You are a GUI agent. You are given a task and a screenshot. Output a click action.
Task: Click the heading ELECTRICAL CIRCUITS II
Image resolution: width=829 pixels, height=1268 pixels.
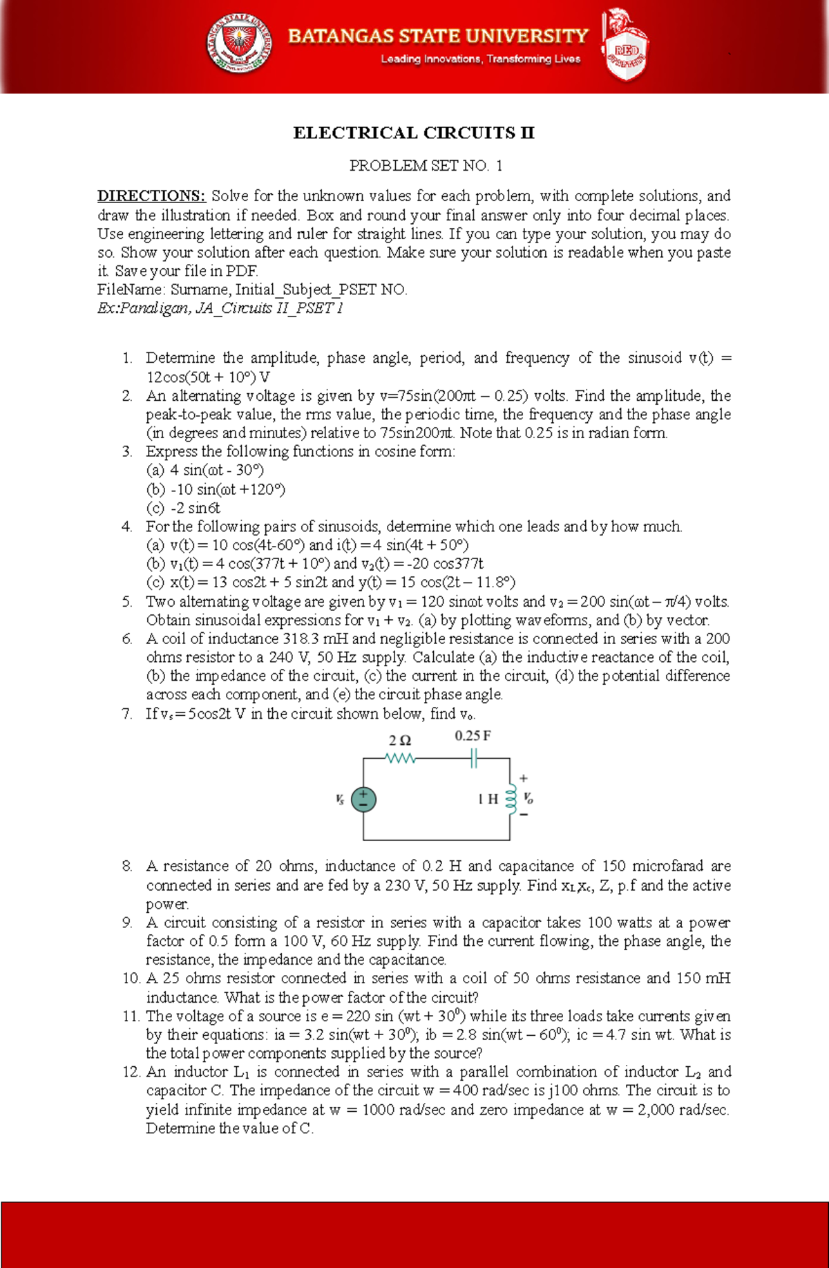pos(414,133)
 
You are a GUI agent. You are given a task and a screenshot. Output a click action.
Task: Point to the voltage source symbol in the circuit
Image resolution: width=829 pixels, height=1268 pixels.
pos(363,799)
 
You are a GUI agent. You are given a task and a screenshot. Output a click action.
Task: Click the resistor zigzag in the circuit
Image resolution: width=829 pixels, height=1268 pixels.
pos(401,759)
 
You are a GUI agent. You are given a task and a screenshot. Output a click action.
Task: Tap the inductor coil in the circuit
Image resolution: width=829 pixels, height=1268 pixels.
pos(511,799)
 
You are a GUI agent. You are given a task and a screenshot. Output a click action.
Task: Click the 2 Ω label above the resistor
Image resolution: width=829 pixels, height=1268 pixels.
pos(400,740)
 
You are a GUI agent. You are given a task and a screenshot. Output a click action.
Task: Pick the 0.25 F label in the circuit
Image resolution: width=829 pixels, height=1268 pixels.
pos(473,736)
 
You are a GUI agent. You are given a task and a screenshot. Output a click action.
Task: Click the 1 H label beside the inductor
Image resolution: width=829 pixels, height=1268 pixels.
pos(488,799)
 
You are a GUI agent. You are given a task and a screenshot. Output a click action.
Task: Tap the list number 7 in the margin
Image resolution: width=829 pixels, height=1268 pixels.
pos(126,714)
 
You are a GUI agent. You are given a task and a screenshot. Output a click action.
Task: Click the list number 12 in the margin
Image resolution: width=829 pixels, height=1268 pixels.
pos(131,1072)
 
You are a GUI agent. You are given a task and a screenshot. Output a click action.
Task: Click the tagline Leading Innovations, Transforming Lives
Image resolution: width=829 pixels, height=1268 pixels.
pos(480,59)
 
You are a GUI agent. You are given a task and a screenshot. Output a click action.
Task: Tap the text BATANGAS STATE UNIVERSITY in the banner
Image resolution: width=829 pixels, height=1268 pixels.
pos(438,36)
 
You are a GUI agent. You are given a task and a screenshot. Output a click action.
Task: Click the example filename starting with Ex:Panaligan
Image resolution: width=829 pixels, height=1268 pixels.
pos(220,308)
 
